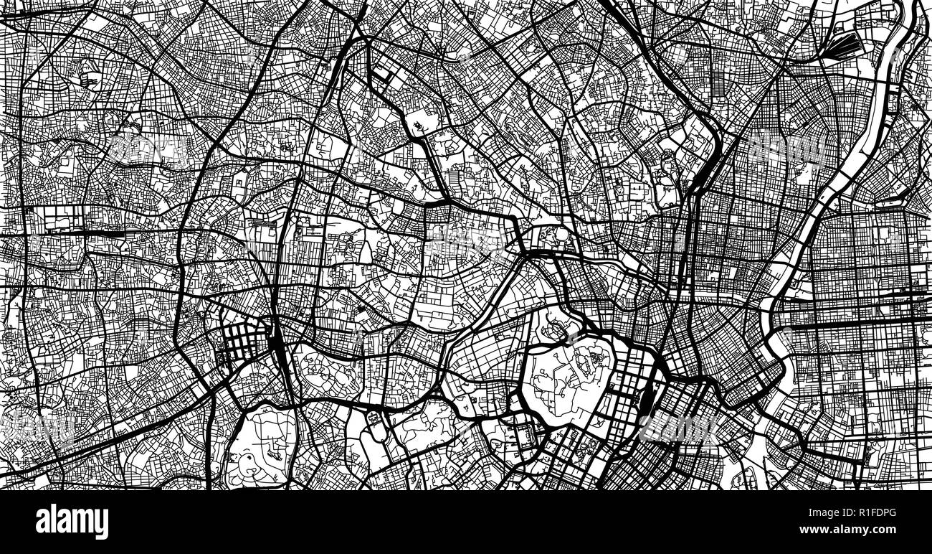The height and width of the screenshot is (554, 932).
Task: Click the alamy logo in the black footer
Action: coord(72,522)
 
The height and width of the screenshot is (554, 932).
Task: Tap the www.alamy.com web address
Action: coord(874,532)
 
